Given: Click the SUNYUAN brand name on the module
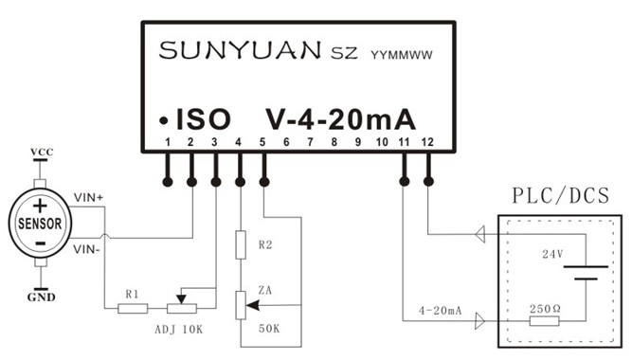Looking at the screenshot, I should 241,49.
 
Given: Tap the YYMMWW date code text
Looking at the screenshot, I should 401,53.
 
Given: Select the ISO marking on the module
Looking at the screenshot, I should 203,120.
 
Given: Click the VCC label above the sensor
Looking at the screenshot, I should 41,152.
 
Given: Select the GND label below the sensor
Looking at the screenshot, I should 41,297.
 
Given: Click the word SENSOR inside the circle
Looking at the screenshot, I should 40,225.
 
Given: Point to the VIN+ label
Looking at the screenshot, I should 89,197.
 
